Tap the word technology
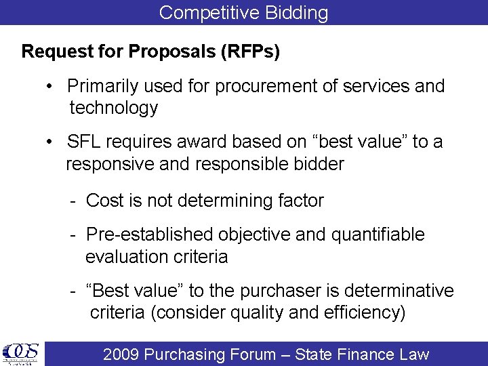[113, 108]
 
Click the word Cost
[104, 201]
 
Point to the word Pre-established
[150, 235]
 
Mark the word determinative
[399, 291]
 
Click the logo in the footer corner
[21, 354]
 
